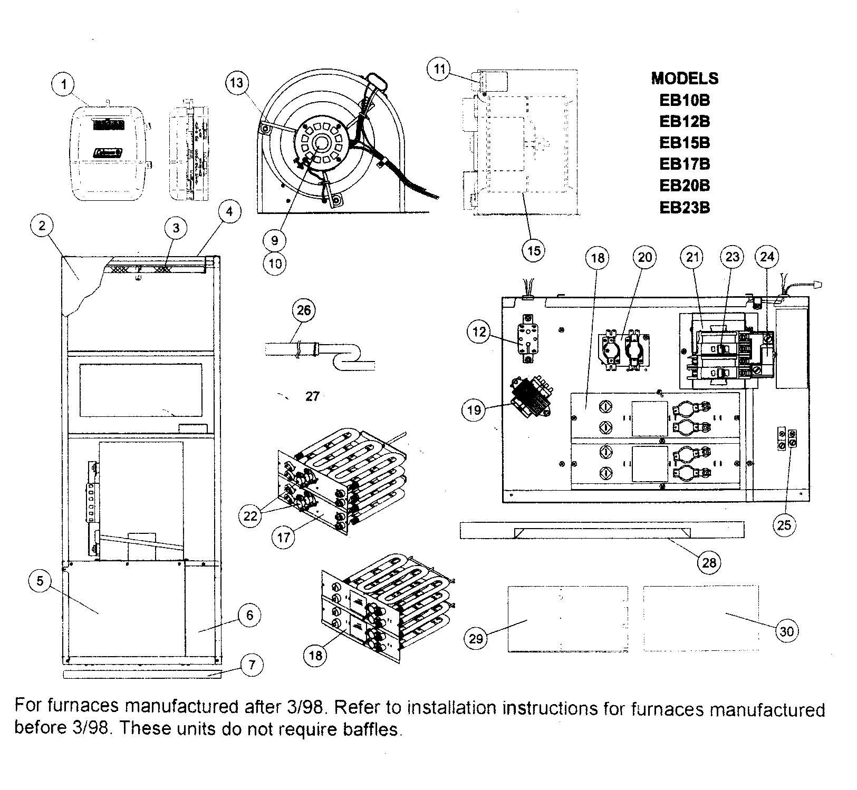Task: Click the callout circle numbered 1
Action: (x=64, y=84)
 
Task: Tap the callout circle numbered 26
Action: (x=304, y=310)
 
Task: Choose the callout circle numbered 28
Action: (x=709, y=562)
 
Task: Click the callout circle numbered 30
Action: (x=786, y=631)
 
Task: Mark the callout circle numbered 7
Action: (x=252, y=665)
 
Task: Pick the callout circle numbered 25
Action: (x=785, y=524)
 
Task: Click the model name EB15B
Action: (x=685, y=143)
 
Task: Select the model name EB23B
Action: (x=685, y=208)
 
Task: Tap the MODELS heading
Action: (x=685, y=79)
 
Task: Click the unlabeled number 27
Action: (x=313, y=396)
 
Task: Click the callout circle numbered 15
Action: (x=534, y=250)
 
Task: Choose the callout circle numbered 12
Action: (x=478, y=332)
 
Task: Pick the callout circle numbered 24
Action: (x=767, y=257)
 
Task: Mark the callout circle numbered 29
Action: (x=476, y=638)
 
